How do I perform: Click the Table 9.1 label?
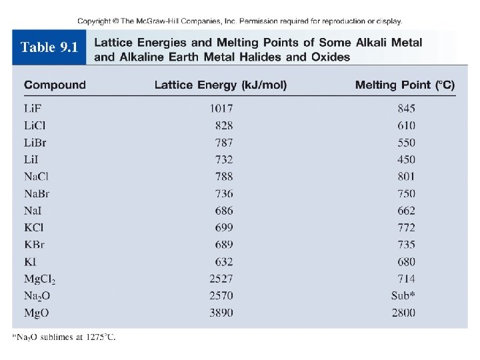(x=49, y=47)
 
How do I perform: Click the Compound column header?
(x=55, y=85)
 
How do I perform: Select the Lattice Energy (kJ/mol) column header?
(x=221, y=85)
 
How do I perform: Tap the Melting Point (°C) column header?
(x=405, y=85)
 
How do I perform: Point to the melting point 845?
(x=405, y=108)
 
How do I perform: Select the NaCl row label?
(x=37, y=177)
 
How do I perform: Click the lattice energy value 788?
(x=224, y=177)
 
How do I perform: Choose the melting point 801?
(x=405, y=177)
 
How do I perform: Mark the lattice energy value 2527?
(x=221, y=279)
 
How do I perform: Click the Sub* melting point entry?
(x=403, y=295)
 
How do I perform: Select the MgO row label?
(x=37, y=313)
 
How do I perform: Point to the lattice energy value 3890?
(x=221, y=313)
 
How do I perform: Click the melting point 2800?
(x=403, y=313)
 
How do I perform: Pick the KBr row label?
(x=35, y=245)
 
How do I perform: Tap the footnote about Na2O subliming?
(x=63, y=337)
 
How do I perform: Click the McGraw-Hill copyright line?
(x=239, y=21)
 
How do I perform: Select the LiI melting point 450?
(x=405, y=159)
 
